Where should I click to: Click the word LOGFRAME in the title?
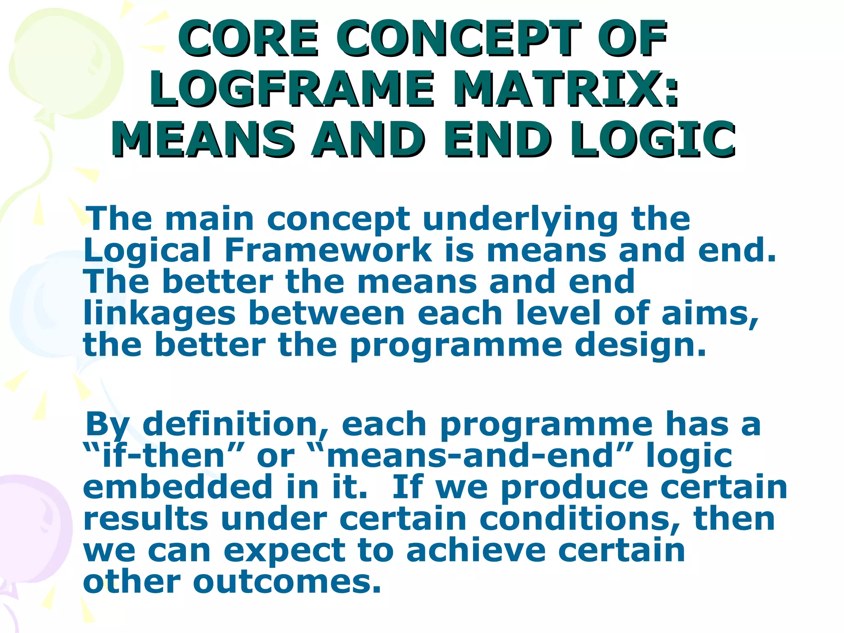[292, 88]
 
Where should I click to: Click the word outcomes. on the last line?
[287, 582]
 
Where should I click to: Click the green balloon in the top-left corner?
[62, 62]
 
